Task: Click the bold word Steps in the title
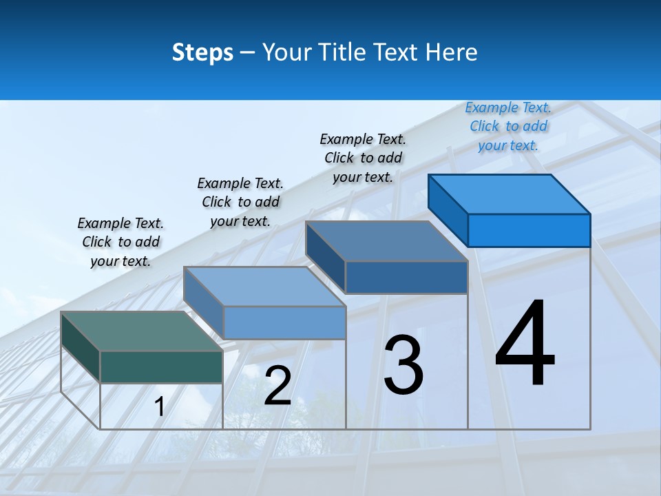point(202,52)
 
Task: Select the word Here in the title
point(452,52)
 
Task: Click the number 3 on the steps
point(403,364)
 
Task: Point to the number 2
point(277,386)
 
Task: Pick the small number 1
point(159,407)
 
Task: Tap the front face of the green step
point(161,366)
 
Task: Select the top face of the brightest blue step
point(510,194)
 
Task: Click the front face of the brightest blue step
point(529,230)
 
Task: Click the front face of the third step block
point(406,277)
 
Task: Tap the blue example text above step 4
point(508,126)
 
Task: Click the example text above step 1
point(120,242)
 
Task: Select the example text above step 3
point(363,158)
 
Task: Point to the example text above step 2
point(240,202)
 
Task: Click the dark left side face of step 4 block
point(448,209)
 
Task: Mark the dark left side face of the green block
point(80,346)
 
